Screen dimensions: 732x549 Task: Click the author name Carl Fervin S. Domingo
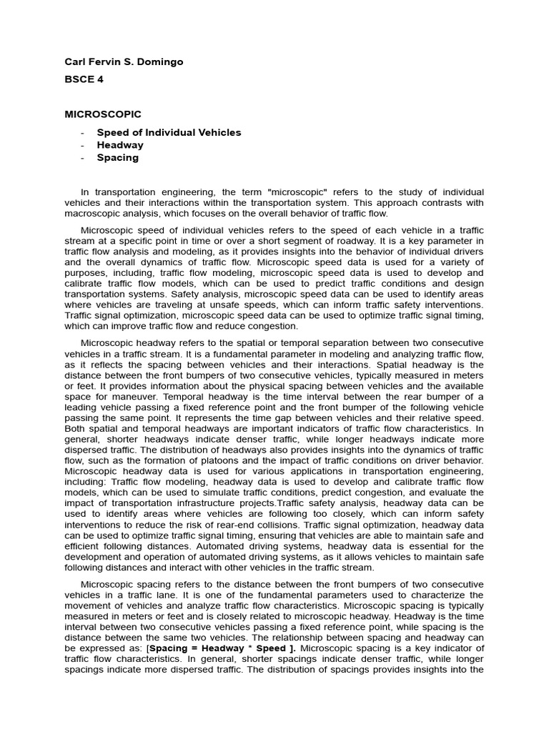coord(124,61)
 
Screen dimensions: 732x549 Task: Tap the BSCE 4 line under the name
coord(84,79)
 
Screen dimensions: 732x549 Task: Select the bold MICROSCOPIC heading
coord(103,114)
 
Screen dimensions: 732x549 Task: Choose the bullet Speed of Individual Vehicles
coord(169,132)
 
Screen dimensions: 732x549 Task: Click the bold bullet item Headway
coord(120,145)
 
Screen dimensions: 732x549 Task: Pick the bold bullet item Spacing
coord(118,158)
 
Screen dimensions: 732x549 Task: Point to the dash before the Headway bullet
coord(84,145)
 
